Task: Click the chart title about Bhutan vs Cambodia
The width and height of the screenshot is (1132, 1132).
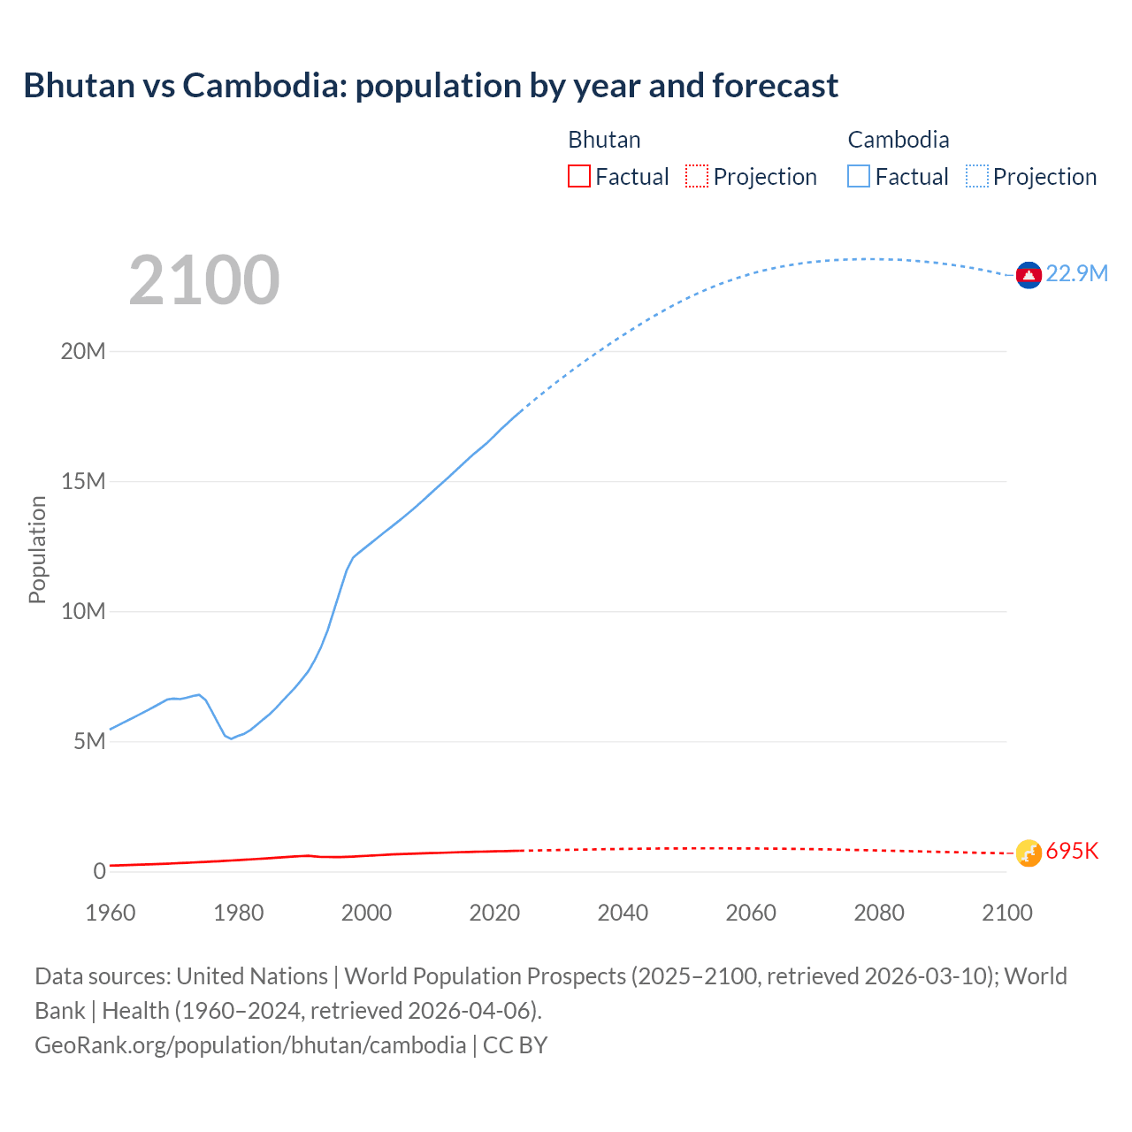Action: click(431, 86)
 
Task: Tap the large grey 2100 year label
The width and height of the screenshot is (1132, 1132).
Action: click(204, 280)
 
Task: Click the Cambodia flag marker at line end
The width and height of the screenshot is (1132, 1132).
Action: click(1028, 276)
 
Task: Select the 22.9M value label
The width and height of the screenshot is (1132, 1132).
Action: click(1076, 273)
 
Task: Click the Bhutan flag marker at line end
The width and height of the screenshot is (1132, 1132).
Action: click(1028, 853)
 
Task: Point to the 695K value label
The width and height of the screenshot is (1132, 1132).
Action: click(1072, 851)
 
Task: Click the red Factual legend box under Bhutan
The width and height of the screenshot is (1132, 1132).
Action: click(578, 177)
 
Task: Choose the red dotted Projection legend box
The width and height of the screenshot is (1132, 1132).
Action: click(697, 177)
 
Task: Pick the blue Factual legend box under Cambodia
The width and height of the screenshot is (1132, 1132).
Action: click(858, 177)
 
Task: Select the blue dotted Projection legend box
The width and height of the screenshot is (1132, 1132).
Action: click(976, 177)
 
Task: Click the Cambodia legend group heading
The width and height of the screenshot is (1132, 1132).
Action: click(898, 140)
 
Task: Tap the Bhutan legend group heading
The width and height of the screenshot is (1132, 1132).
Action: click(604, 140)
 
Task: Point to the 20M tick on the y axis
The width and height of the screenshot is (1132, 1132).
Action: click(83, 351)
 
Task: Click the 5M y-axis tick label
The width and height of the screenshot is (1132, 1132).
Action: click(89, 741)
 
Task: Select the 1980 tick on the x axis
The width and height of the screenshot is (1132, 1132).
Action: click(239, 913)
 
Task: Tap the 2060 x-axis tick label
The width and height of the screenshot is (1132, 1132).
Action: click(751, 913)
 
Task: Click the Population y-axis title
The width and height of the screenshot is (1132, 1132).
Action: click(37, 549)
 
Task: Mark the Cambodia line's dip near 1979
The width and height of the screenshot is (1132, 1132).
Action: click(231, 738)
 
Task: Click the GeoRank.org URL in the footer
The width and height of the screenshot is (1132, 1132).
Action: click(250, 1044)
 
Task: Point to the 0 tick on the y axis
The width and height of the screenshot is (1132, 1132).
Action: click(99, 871)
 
